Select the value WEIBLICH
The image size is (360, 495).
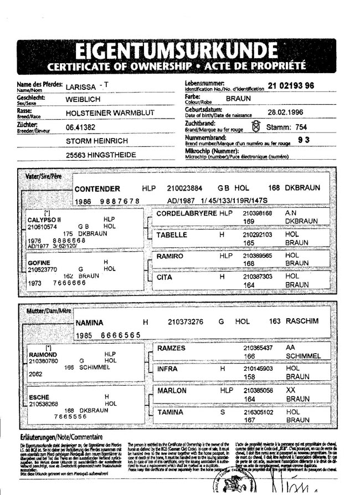coord(83,100)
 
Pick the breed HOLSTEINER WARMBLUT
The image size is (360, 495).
coord(110,113)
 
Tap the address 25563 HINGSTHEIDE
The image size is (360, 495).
coord(101,155)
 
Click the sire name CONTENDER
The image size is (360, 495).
coord(97,188)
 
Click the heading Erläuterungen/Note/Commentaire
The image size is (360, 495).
coord(61,437)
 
